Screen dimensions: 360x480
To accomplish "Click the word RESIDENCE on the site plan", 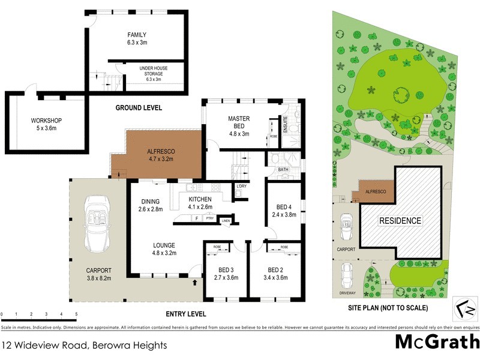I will [x=399, y=221].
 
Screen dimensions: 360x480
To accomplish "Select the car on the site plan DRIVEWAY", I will [x=346, y=277].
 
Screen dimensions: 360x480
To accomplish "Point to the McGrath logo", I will [x=437, y=342].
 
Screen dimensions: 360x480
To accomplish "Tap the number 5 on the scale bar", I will [x=76, y=314].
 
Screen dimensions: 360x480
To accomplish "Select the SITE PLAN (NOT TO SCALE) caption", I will [x=388, y=308].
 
